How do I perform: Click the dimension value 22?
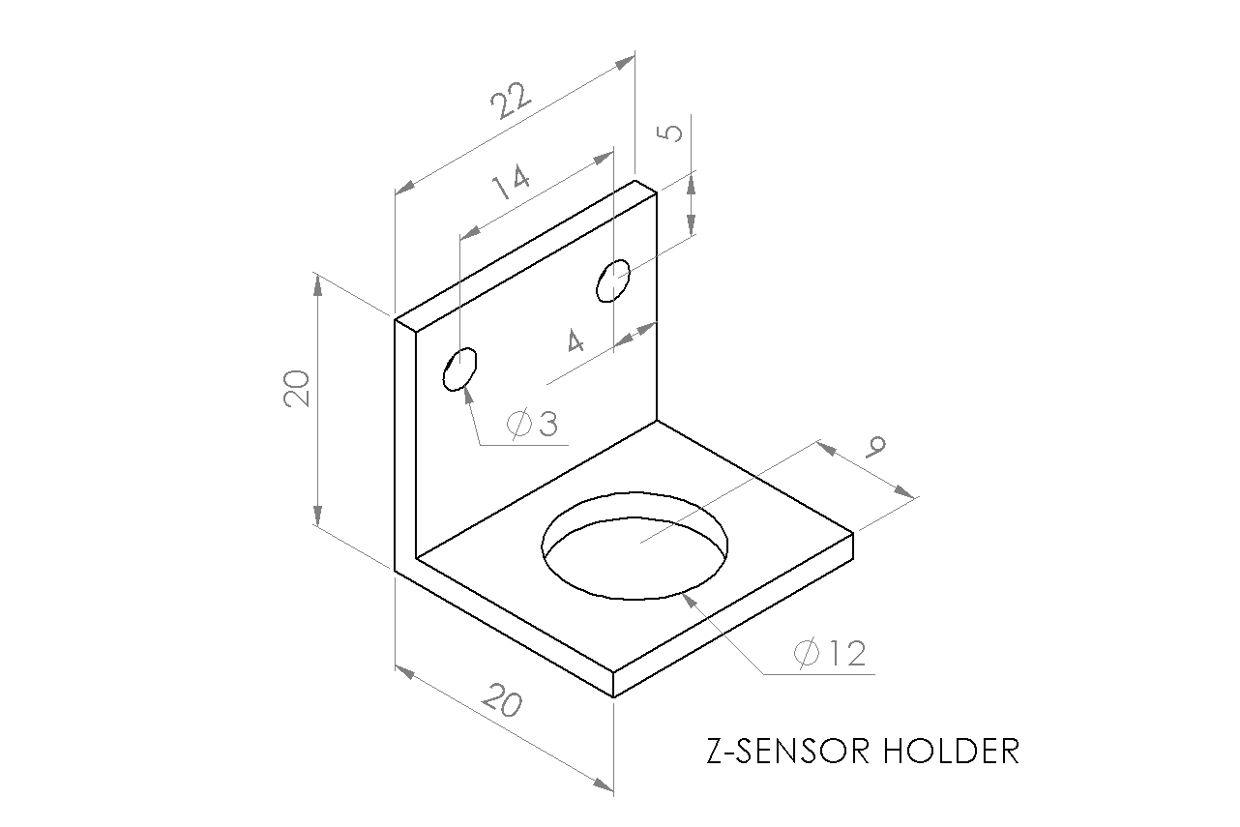[x=511, y=101]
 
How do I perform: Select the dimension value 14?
[x=512, y=182]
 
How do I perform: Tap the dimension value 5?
[x=669, y=133]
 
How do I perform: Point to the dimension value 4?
[x=576, y=340]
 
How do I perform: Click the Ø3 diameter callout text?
[x=532, y=424]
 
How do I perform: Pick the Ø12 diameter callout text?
[x=829, y=653]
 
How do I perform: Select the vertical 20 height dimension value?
[x=296, y=389]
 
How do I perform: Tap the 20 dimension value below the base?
[x=502, y=700]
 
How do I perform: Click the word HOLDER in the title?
[x=951, y=752]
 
